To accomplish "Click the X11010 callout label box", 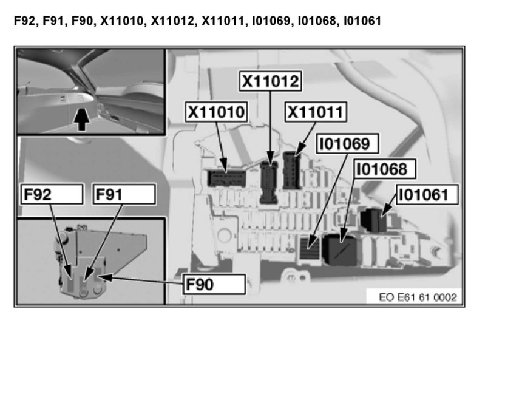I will tap(217, 112).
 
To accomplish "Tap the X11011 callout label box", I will tap(315, 112).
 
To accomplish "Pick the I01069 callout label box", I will tap(348, 144).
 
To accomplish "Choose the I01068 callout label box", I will tap(381, 168).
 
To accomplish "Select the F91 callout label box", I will tap(123, 194).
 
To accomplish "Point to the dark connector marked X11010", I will tap(226, 177).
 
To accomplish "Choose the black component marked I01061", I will tap(375, 220).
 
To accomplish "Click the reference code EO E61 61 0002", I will tap(418, 297).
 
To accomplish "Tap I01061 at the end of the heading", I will tap(362, 22).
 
